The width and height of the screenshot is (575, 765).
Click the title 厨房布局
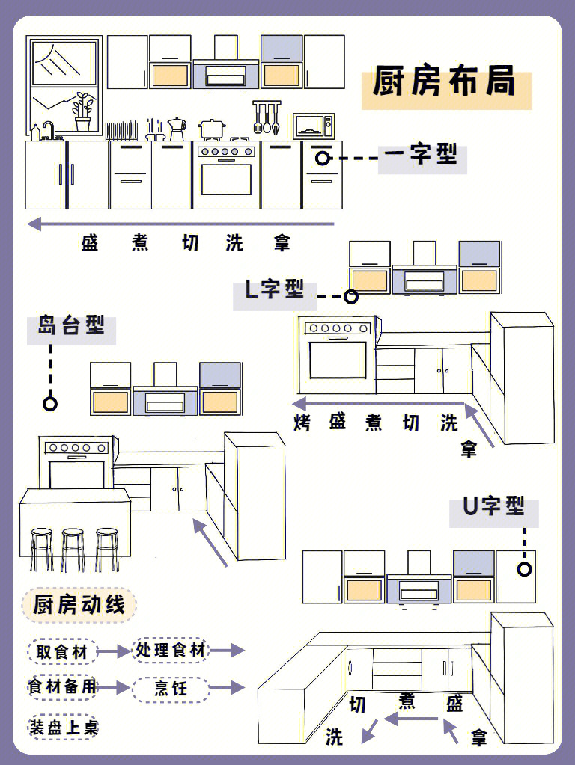(445, 82)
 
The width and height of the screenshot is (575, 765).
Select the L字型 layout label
(275, 289)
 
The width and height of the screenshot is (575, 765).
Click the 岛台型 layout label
(71, 326)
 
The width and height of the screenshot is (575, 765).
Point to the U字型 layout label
(493, 506)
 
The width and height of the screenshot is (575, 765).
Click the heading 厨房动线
(79, 604)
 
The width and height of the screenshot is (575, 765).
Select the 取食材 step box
(62, 651)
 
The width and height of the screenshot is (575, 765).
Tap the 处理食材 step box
(170, 650)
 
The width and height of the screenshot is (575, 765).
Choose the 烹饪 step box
(170, 688)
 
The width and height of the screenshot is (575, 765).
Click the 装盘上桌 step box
(63, 727)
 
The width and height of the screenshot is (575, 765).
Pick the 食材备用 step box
(62, 687)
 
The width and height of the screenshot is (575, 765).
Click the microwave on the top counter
(313, 125)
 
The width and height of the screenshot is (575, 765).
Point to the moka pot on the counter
(177, 128)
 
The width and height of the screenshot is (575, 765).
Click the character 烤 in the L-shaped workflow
(302, 423)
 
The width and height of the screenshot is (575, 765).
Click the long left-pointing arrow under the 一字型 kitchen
(180, 224)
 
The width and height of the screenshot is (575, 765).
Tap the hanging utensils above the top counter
(265, 117)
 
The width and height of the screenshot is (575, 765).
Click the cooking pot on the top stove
(212, 129)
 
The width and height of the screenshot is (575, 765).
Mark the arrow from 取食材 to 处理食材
(114, 651)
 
